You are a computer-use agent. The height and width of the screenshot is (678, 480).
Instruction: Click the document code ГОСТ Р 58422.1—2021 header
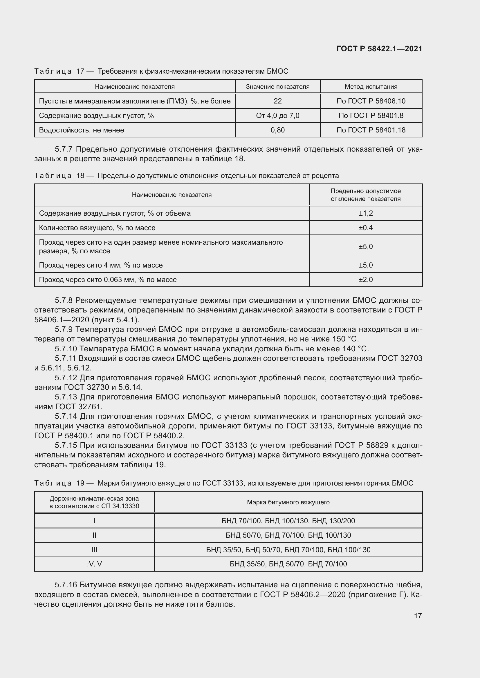[379, 49]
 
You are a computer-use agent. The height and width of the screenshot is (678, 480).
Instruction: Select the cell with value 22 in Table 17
[277, 101]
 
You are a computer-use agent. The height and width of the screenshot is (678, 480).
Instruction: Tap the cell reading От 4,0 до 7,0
[277, 115]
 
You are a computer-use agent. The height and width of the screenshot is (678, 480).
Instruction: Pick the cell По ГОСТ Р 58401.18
[371, 130]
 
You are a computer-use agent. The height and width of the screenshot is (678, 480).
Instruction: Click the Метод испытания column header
[371, 86]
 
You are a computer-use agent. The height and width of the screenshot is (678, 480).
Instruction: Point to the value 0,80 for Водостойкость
[277, 130]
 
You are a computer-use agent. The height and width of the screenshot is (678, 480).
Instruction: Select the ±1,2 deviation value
[366, 213]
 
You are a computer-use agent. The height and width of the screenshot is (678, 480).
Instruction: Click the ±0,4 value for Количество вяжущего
[366, 228]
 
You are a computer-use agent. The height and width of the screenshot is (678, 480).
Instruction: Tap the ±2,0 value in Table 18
[366, 279]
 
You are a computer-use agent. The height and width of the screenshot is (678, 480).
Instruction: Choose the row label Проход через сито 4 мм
[101, 265]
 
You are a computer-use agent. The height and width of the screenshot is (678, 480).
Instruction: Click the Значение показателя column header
[277, 86]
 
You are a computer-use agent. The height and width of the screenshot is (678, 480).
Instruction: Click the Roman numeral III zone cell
[94, 550]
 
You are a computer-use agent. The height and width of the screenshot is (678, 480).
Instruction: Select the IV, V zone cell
[94, 564]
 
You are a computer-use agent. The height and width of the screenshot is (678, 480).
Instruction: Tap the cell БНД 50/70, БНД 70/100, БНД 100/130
[288, 535]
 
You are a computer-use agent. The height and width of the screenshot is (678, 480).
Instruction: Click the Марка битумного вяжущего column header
[288, 502]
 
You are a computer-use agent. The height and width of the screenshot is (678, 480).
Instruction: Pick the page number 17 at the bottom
[418, 616]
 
